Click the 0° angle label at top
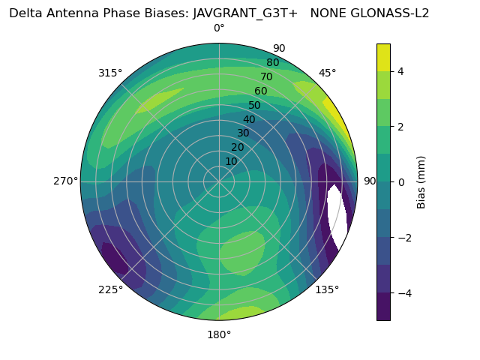click(x=219, y=28)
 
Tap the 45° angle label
click(x=328, y=73)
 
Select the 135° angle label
click(x=327, y=289)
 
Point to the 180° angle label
click(x=219, y=334)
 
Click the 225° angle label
click(x=110, y=290)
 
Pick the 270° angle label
click(x=65, y=181)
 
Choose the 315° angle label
click(x=110, y=73)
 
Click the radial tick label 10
click(x=231, y=161)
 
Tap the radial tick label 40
click(x=249, y=119)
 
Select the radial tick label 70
click(x=266, y=76)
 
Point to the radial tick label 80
click(x=272, y=62)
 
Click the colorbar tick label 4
click(x=400, y=71)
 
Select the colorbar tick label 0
click(x=400, y=181)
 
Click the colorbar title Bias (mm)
click(x=421, y=181)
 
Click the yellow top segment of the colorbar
click(x=383, y=57)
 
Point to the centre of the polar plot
click(x=219, y=181)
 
